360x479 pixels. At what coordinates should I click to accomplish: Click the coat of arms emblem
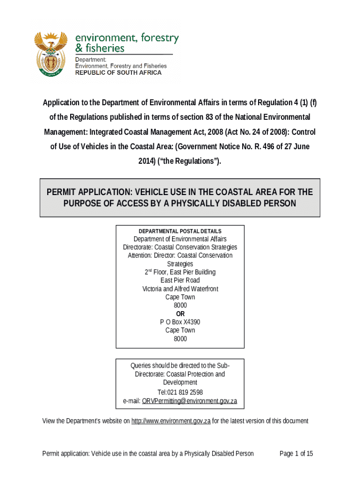pos(51,55)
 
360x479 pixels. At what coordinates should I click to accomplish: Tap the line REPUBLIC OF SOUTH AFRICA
pos(118,73)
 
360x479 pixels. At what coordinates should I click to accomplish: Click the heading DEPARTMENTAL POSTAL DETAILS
pos(180,231)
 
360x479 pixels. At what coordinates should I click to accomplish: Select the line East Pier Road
pos(180,280)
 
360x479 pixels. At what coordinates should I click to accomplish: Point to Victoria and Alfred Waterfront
pos(180,289)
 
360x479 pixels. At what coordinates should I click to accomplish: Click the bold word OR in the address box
pos(180,313)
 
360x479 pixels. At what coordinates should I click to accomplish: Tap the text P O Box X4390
pos(180,322)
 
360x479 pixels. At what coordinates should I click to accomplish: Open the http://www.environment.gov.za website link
pos(171,421)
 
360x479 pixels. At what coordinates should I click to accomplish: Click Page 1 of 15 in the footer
pos(296,453)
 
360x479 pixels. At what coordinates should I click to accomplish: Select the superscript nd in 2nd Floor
pos(151,270)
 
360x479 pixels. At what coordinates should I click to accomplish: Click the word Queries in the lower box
pos(141,365)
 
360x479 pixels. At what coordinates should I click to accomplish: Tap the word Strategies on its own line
pos(180,264)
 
